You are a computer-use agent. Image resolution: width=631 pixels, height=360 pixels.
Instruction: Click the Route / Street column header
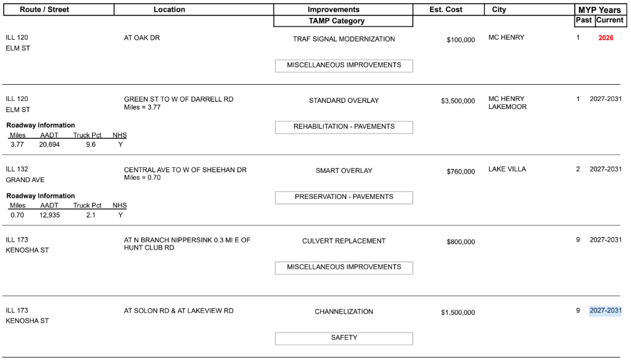tap(45, 10)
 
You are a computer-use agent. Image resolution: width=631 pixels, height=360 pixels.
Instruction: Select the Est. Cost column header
tap(446, 10)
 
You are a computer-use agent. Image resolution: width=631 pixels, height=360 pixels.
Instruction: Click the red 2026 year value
tap(606, 38)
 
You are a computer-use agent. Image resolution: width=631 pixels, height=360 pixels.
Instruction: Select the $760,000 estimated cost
tap(461, 172)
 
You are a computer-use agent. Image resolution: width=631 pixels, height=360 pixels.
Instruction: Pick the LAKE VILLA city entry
tap(507, 169)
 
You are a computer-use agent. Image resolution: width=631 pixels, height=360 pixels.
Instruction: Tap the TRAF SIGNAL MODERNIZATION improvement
tap(344, 39)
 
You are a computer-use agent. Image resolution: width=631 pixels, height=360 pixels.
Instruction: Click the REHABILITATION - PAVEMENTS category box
tap(344, 127)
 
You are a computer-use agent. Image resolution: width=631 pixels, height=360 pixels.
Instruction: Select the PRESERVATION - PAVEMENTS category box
tap(344, 197)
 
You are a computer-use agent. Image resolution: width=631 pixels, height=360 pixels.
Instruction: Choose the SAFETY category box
tap(344, 338)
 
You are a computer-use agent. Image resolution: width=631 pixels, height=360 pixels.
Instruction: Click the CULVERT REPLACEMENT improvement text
tap(344, 241)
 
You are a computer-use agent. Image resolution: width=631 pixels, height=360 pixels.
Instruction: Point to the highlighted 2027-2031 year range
tap(605, 310)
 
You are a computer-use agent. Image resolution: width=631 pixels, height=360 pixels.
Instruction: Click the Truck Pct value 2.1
tap(90, 216)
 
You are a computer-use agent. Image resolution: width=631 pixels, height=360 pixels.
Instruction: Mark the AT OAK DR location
tap(142, 38)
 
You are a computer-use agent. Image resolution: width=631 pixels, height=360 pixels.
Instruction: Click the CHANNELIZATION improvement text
tap(344, 312)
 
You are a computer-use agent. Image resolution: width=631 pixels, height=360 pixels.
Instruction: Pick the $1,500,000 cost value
tap(458, 312)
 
